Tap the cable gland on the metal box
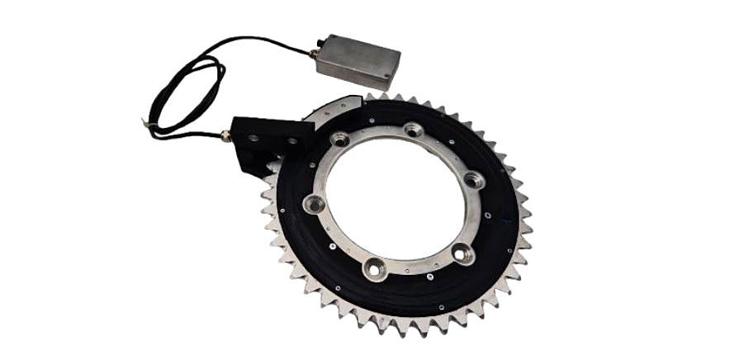pos(315,55)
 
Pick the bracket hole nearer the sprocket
pos(291,141)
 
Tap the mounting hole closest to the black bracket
pos(340,140)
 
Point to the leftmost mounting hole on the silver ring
pos(313,203)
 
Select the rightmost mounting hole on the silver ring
pos(473,179)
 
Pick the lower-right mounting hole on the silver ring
pos(463,253)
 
